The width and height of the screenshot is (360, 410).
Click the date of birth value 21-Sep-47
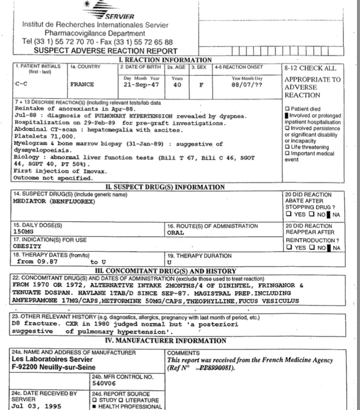[x=141, y=85]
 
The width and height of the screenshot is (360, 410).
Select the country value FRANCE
[x=82, y=85]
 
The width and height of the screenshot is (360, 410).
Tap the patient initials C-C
[x=21, y=84]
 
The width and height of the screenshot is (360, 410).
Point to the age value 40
[x=177, y=85]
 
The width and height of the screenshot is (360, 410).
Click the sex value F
[x=201, y=85]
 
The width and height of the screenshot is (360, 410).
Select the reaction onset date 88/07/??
[x=247, y=85]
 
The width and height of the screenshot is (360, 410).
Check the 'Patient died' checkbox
[x=287, y=109]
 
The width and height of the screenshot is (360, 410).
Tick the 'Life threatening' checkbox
[x=287, y=147]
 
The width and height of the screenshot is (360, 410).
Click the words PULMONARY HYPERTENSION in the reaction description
[x=134, y=116]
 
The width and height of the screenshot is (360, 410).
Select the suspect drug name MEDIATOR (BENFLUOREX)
[x=54, y=201]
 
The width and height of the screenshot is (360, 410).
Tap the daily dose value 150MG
[x=23, y=232]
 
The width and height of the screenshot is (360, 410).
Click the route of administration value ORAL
[x=175, y=233]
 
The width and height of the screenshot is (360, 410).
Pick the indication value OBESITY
[x=27, y=246]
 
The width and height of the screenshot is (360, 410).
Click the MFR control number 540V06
[x=104, y=383]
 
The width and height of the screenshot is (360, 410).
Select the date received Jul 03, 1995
[x=36, y=406]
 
